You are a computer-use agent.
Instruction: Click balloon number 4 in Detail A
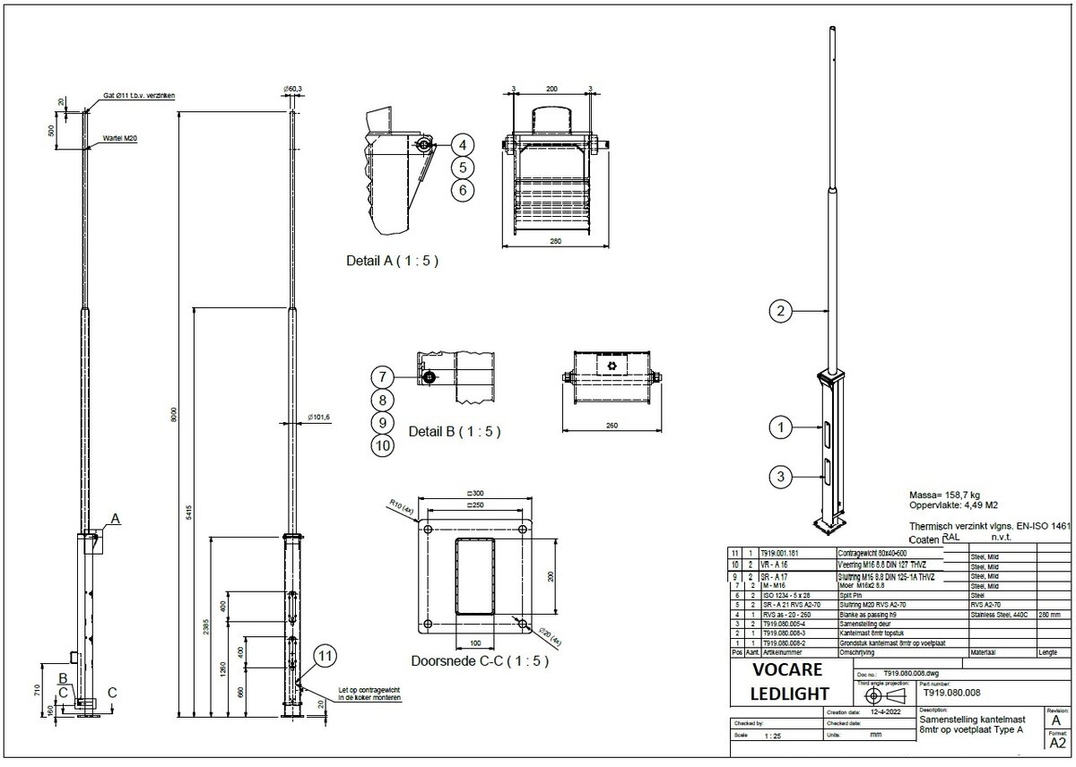461,144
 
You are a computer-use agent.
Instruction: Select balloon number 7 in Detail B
382,377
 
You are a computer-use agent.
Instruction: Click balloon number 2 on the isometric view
781,312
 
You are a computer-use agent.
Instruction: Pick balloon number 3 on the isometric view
781,478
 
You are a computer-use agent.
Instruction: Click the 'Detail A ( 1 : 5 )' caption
392,262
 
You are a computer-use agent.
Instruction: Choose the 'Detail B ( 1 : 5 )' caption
454,431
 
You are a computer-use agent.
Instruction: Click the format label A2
1057,743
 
